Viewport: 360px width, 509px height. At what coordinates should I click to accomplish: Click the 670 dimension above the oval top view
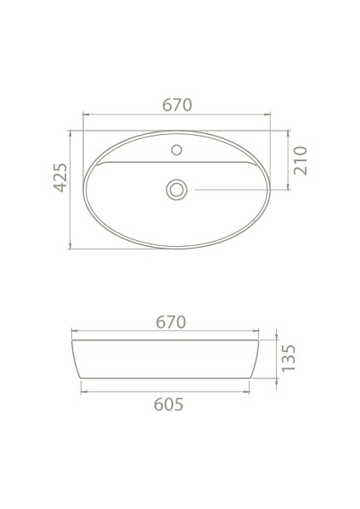[x=177, y=105]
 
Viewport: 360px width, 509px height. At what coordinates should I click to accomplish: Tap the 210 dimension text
[x=300, y=159]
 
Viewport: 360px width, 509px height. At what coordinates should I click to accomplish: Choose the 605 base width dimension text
[x=168, y=404]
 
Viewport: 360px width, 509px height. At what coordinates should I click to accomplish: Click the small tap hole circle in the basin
[x=177, y=151]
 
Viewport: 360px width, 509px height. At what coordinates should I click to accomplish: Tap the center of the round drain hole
[x=177, y=189]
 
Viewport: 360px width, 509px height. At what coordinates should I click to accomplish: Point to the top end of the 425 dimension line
[x=70, y=131]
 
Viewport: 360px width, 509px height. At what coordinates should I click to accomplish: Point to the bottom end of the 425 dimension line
[x=70, y=249]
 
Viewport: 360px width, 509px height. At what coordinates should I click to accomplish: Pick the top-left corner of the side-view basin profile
[x=72, y=341]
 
